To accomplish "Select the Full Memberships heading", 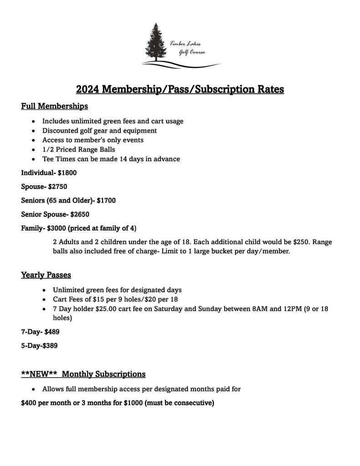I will pyautogui.click(x=54, y=106).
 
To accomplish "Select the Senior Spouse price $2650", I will pyautogui.click(x=80, y=214).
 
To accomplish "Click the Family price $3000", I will pyautogui.click(x=56, y=228).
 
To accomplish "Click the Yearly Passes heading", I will pyautogui.click(x=46, y=275).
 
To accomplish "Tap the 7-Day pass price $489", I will pyautogui.click(x=52, y=332).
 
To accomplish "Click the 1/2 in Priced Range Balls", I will pyautogui.click(x=48, y=149).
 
